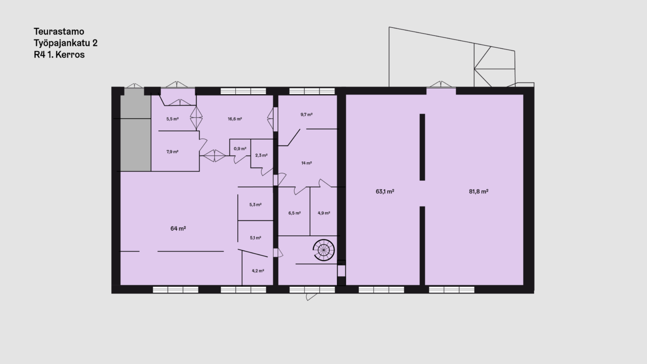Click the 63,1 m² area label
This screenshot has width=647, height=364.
pos(385,191)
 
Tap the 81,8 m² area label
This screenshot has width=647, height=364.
pos(478,191)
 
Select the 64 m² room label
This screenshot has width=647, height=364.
pos(178,228)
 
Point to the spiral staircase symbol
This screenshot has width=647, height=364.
pos(324,250)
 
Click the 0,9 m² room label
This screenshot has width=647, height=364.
pos(240,149)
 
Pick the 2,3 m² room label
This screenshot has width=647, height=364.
pos(261,155)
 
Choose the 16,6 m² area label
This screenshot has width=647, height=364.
pos(235,119)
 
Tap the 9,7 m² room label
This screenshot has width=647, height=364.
pos(307,115)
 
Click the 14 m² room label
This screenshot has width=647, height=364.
pos(307,163)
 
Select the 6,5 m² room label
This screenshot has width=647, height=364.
pos(294,213)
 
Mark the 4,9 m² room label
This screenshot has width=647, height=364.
pos(324,213)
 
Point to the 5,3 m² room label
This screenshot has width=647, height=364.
pos(255,204)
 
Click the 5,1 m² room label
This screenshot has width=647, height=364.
pos(255,238)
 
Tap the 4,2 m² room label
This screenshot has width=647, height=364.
pos(258,271)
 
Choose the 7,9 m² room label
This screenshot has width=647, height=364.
pos(172,152)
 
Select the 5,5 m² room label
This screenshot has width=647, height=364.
pos(172,119)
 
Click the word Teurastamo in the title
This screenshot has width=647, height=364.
pos(59,32)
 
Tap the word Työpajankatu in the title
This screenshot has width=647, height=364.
pos(62,43)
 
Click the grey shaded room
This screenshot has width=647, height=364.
pos(135,130)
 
